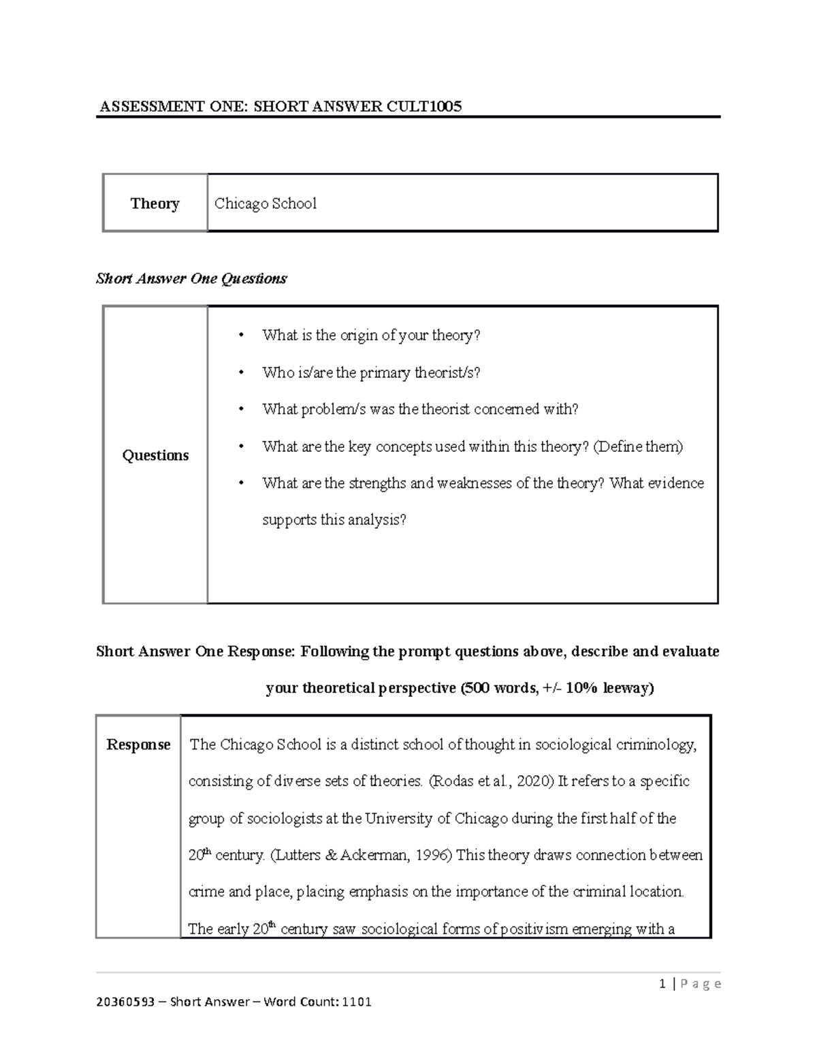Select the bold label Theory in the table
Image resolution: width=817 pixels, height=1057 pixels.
[x=155, y=204]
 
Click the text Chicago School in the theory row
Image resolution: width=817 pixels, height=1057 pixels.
[x=265, y=204]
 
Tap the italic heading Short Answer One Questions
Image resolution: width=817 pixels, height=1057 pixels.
[x=191, y=278]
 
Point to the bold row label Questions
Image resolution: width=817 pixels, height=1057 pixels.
[x=155, y=455]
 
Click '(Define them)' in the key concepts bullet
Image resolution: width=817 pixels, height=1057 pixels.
[x=638, y=446]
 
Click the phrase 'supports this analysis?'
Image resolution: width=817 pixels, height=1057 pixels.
[x=334, y=520]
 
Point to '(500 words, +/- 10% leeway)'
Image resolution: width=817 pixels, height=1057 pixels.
[x=556, y=688]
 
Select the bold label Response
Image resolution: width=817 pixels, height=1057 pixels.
[x=138, y=745]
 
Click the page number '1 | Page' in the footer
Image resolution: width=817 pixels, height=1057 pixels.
[x=690, y=983]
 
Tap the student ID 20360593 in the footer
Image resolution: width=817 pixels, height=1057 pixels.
[x=126, y=1002]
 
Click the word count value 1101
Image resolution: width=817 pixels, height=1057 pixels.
[x=356, y=1002]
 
